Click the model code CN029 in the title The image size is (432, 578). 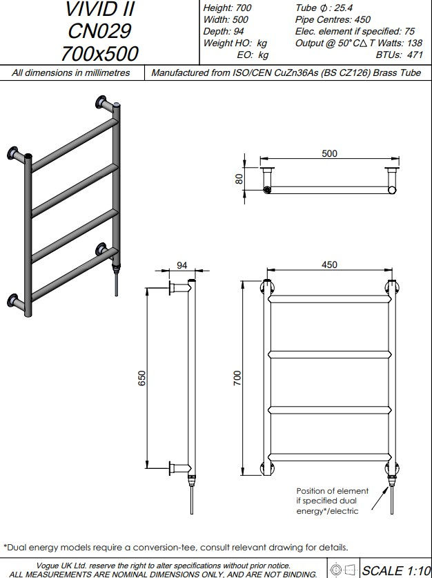100,31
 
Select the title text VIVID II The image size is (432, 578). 100,10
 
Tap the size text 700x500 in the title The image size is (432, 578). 100,52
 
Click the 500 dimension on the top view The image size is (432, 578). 330,153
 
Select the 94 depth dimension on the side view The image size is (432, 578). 182,265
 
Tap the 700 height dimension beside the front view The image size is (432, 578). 237,378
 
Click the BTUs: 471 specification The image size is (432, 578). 400,55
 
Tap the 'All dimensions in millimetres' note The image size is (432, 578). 72,73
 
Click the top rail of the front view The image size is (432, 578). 330,301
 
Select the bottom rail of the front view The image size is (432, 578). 330,456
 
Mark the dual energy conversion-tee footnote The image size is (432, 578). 175,546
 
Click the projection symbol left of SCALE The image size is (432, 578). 343,570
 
